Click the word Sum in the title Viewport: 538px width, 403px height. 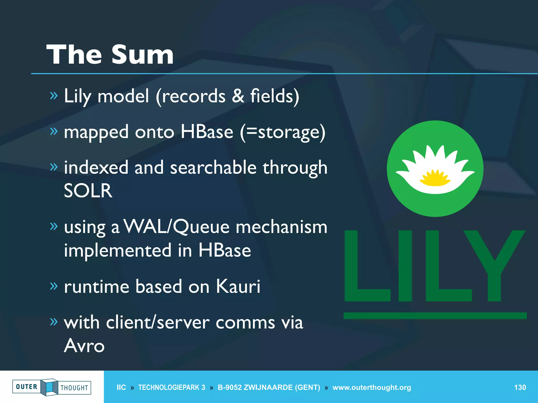point(142,55)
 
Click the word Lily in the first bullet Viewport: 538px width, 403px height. point(77,96)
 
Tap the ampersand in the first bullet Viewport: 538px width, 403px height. point(238,96)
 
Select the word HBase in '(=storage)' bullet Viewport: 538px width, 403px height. point(207,132)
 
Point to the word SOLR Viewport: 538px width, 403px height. point(88,191)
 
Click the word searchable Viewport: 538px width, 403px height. point(213,168)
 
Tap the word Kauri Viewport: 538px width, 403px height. point(238,286)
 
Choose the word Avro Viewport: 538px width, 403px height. point(84,346)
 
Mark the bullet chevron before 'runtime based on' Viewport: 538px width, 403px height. point(54,286)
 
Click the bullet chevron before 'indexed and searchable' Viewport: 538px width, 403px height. point(54,167)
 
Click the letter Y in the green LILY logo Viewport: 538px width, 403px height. point(494,265)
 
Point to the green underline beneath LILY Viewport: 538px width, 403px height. point(435,316)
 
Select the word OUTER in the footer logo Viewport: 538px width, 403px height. point(27,387)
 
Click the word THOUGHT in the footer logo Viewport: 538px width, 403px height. point(74,388)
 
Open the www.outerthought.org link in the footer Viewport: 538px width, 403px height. point(371,388)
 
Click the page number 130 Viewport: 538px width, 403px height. point(520,388)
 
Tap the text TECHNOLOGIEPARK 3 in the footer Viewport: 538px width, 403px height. point(172,388)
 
